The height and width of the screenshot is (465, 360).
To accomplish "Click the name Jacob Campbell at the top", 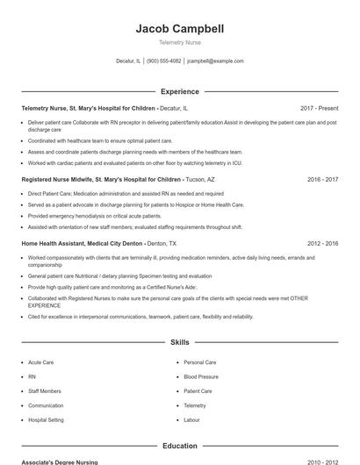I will [x=180, y=29].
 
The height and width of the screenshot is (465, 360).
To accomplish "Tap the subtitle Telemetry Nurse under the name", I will [x=180, y=43].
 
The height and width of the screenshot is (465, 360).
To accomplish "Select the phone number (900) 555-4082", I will [x=164, y=61].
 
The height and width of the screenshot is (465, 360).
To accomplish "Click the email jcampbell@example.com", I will [x=216, y=61].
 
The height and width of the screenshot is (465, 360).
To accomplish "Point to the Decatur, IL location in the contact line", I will [x=128, y=61].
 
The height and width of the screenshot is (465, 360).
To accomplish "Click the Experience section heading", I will [x=180, y=91].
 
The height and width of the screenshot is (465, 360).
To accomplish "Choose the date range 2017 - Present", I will [x=319, y=108].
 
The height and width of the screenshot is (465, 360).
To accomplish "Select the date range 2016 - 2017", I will [x=322, y=179].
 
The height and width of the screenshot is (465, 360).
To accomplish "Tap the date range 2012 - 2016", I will [x=322, y=243].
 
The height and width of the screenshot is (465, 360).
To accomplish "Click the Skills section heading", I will [x=180, y=342].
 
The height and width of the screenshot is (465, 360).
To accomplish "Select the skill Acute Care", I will [x=41, y=362].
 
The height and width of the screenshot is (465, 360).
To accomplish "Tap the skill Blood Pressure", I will [x=201, y=376].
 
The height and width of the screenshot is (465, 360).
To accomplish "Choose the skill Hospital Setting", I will [x=46, y=420].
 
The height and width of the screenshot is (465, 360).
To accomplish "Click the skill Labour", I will [x=191, y=420].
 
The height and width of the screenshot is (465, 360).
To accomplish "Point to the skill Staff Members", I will [x=45, y=391].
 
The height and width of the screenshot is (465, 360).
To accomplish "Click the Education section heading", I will [x=180, y=446].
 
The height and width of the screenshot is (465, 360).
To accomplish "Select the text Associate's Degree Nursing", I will [x=60, y=461].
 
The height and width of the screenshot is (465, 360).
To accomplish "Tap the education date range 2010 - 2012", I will [x=322, y=461].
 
